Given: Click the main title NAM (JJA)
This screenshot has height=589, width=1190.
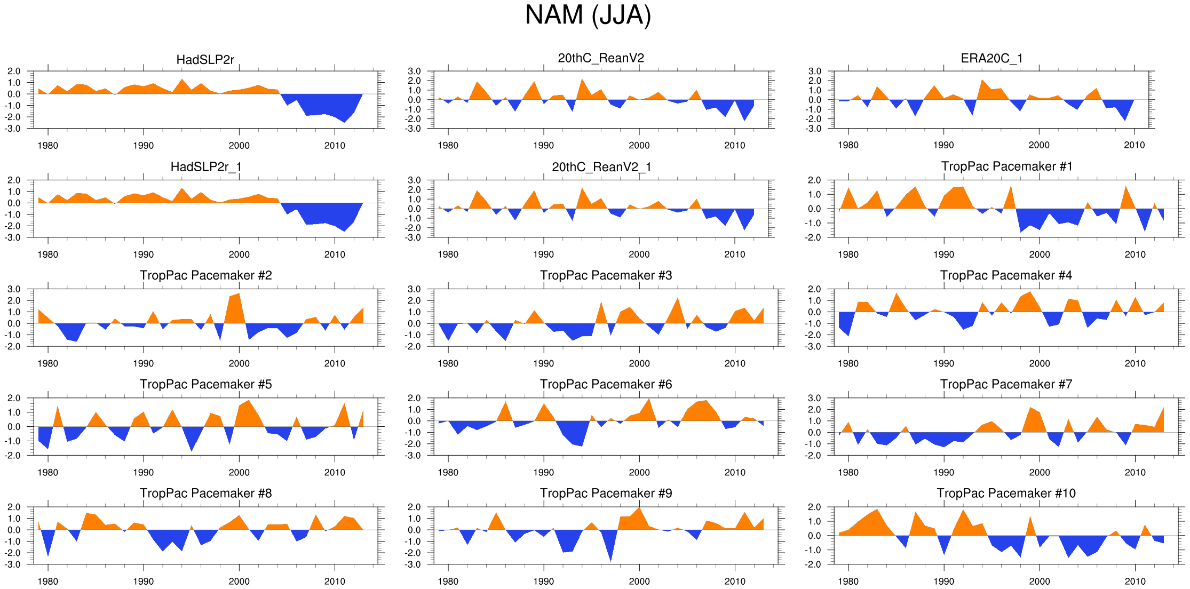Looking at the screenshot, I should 588,15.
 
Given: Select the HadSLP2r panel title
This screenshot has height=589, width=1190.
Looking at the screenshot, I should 205,60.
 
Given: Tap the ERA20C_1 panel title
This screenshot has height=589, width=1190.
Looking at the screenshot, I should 991,58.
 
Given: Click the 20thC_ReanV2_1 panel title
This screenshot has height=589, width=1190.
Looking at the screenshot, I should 601,167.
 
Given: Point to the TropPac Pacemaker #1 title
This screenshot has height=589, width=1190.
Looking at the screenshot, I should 1006,166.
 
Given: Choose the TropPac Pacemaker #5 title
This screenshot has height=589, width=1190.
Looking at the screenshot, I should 205,384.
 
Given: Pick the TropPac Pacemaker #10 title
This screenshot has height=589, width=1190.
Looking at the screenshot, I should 1006,493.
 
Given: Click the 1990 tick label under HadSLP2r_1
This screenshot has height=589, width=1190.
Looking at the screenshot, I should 143,254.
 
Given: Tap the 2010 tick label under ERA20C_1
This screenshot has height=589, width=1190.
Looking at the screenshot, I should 1135,145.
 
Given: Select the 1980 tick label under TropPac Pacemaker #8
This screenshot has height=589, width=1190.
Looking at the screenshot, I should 47,581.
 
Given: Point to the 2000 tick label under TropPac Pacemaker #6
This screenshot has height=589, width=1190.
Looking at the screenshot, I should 639,472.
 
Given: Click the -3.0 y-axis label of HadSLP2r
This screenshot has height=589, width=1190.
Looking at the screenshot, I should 14,129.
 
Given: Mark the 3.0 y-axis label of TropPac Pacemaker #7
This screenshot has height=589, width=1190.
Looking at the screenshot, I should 814,398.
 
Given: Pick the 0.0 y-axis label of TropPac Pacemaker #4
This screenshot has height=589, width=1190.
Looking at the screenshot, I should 814,312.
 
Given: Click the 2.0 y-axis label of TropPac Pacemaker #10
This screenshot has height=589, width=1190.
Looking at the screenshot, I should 814,507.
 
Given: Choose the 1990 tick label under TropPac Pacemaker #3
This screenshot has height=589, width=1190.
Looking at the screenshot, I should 543,363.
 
